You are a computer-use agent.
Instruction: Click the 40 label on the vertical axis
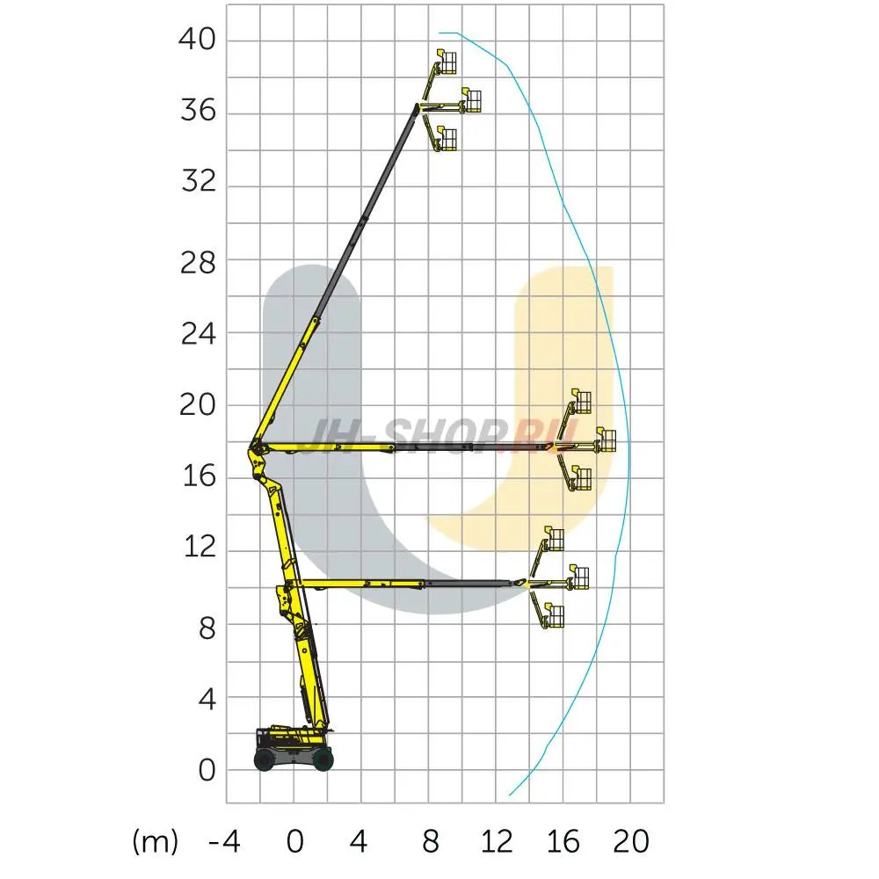click(x=197, y=40)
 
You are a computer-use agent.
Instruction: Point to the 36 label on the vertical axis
click(x=198, y=111)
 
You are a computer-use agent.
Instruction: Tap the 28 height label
click(x=197, y=262)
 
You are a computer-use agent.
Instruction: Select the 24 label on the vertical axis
click(x=198, y=334)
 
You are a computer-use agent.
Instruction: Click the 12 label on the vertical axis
click(x=200, y=546)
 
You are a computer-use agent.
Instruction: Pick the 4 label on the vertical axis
click(x=207, y=700)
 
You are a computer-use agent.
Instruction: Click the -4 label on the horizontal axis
click(x=224, y=841)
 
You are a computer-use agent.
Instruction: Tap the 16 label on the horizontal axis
click(x=563, y=841)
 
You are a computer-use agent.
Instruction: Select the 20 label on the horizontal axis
click(x=630, y=841)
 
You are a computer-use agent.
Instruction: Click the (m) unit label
click(x=156, y=842)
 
